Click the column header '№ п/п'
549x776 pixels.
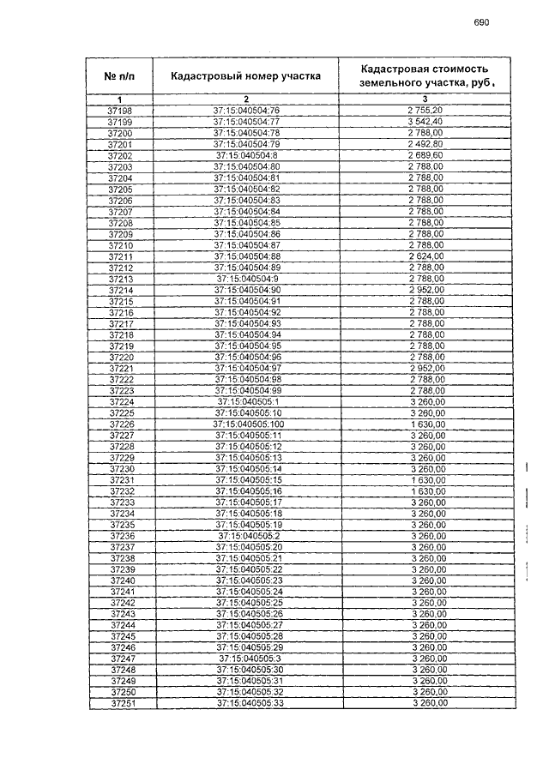(120, 76)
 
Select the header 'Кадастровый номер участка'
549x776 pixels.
(245, 75)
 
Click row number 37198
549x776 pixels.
(120, 111)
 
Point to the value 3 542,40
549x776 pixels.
(426, 123)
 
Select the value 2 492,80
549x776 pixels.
(426, 145)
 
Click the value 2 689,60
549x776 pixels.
(426, 156)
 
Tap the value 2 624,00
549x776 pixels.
(426, 256)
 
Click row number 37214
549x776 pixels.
(121, 290)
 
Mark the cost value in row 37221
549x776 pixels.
(426, 368)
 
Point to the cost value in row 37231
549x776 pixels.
(428, 480)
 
